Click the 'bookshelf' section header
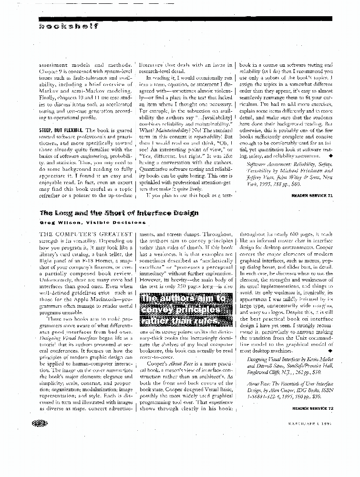(69, 27)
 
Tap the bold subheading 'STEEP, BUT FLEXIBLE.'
(61, 130)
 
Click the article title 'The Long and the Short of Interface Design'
(119, 213)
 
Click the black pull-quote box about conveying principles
(185, 309)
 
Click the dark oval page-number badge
(40, 423)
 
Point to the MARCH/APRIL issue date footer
(312, 424)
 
